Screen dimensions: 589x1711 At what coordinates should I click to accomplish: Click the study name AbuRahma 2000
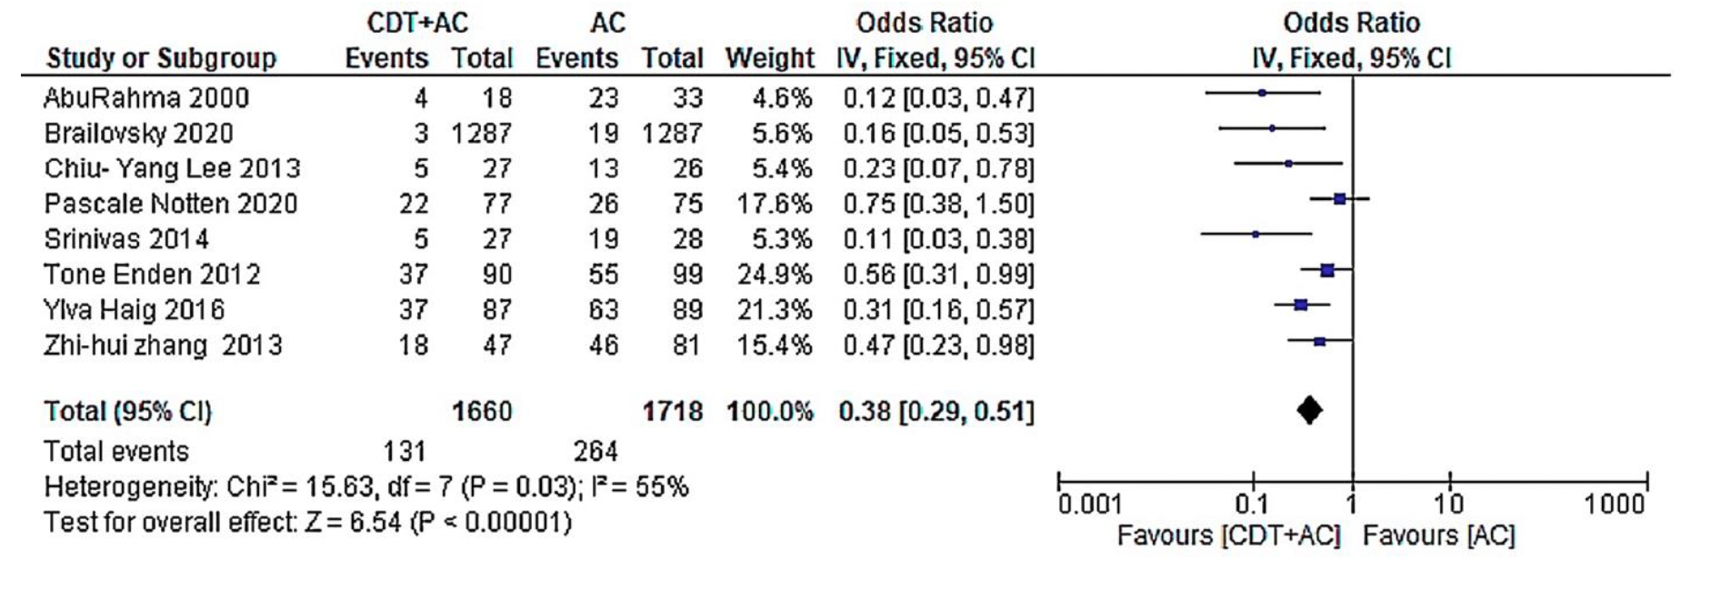tap(146, 98)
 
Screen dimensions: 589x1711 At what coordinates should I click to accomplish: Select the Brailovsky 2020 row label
tap(139, 134)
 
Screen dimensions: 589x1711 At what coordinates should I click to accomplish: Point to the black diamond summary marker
tap(1309, 411)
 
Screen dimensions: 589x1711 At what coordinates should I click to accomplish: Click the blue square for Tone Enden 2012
tap(1327, 270)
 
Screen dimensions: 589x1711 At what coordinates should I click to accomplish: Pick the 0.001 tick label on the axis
tap(1090, 504)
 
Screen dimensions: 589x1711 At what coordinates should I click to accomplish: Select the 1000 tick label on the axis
tap(1615, 504)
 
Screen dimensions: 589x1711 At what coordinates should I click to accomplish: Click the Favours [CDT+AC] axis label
tap(1228, 535)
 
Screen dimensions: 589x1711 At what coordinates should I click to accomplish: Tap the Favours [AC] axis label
tap(1438, 535)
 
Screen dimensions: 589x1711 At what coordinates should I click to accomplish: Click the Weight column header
tap(769, 58)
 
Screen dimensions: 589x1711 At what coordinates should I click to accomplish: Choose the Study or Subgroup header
tap(161, 58)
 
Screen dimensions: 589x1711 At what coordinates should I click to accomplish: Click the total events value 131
tap(404, 451)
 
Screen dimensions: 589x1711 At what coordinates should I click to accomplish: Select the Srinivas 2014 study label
tap(126, 239)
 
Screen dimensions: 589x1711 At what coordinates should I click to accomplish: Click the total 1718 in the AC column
tap(672, 412)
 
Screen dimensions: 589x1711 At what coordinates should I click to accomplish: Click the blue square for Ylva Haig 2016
tap(1300, 305)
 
